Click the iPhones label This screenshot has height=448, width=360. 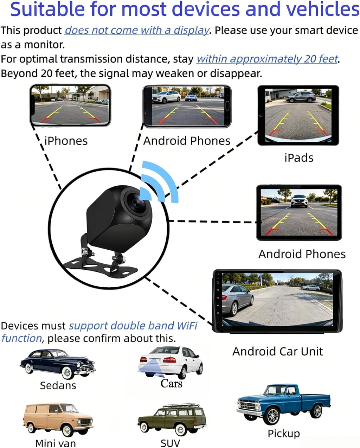[66, 141]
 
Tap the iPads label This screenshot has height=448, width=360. [299, 158]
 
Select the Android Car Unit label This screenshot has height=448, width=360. [277, 351]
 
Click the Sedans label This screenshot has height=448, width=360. [58, 385]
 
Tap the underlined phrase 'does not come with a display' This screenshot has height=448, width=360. [136, 30]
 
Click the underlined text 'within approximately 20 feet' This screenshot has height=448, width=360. [267, 59]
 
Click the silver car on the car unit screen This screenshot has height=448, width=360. [238, 300]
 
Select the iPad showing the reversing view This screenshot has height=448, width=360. [298, 115]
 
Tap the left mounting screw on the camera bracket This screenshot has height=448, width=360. [86, 252]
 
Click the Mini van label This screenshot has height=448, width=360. [56, 443]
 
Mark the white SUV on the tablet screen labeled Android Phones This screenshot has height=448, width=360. [299, 201]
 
